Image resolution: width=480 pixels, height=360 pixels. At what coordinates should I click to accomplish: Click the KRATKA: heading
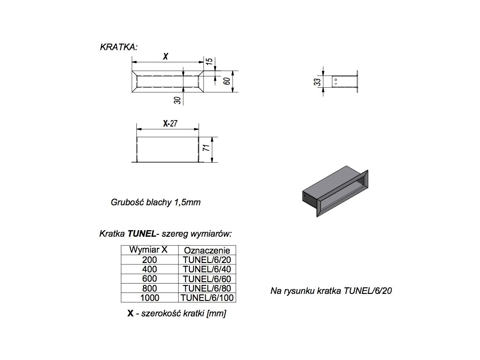[x=119, y=47]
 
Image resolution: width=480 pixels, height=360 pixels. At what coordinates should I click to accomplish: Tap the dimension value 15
[x=210, y=61]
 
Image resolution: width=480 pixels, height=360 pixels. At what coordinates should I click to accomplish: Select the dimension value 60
[x=226, y=81]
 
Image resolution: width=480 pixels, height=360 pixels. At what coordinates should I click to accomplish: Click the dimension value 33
[x=317, y=81]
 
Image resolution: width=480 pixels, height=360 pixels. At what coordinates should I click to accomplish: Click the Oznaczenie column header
[x=206, y=250]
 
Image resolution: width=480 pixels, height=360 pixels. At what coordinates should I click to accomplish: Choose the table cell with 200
[x=149, y=259]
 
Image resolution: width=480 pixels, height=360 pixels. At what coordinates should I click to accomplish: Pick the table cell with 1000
[x=149, y=297]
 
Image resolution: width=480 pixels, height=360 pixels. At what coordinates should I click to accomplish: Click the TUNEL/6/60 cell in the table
[x=206, y=278]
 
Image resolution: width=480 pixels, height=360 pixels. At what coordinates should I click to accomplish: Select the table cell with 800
[x=149, y=288]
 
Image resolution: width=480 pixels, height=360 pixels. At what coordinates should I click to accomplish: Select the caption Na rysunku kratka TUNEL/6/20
[x=331, y=291]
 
